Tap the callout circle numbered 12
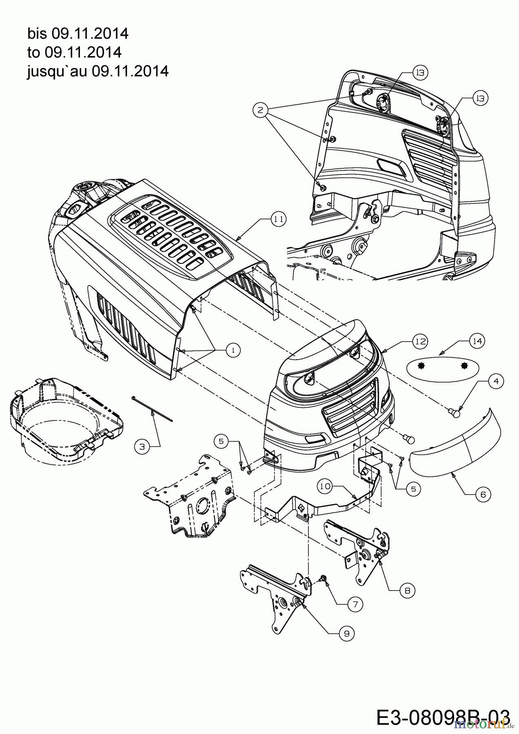[x=420, y=341]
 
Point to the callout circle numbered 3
[x=141, y=447]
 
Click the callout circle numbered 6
[x=483, y=494]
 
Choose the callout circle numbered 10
[x=325, y=486]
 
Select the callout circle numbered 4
[x=495, y=381]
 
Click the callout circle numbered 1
[x=233, y=350]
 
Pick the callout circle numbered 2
[x=260, y=109]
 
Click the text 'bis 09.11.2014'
[x=78, y=33]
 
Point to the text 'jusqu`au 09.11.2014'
[x=98, y=71]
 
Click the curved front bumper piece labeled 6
[x=455, y=447]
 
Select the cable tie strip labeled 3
[x=152, y=408]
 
